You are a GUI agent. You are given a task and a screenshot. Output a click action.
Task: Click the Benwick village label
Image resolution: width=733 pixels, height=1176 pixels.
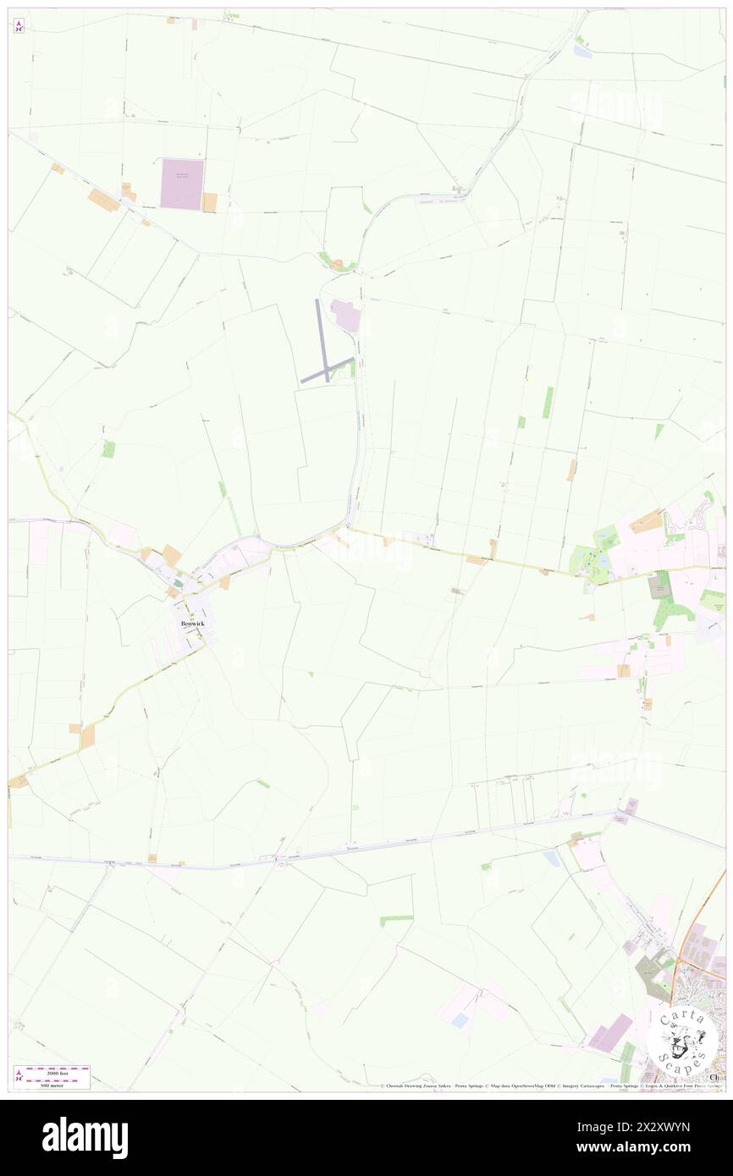192,624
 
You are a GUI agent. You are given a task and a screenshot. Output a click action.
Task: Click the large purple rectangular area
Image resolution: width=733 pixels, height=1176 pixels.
182,184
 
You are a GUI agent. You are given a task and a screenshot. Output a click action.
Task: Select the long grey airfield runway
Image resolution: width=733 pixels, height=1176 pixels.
322,338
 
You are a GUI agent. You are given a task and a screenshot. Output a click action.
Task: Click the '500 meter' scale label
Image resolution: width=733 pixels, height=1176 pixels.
52,1085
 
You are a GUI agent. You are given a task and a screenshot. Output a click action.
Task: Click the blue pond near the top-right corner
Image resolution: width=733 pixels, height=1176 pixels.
581,51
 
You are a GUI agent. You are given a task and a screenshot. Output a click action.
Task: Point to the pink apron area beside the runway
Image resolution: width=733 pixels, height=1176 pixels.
346,315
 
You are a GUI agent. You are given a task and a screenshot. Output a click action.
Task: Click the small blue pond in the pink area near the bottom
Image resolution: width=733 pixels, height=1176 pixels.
460,1021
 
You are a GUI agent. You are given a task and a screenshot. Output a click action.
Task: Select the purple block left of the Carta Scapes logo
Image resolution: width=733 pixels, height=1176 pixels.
611,1033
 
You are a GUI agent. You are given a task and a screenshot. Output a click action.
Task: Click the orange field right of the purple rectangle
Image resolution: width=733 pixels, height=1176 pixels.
209,202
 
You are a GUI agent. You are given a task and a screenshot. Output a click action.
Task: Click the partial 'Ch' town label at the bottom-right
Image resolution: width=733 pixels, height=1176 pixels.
718,1077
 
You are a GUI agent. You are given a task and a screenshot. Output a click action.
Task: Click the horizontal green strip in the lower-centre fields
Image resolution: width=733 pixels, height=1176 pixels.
396,918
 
